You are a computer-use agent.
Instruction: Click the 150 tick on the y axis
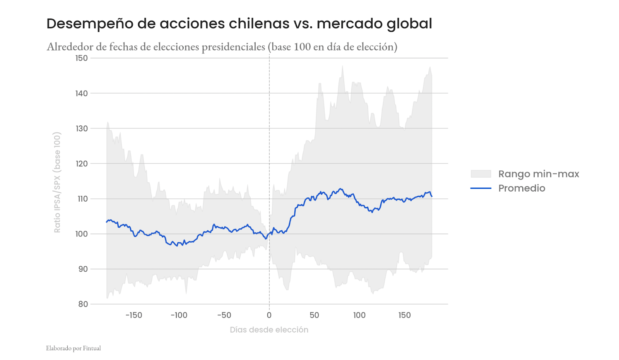(82, 58)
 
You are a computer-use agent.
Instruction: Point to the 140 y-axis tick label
(82, 93)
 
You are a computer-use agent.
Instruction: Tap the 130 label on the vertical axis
(82, 129)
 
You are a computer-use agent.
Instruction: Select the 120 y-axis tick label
(82, 164)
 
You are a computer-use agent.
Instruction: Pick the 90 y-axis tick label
(83, 269)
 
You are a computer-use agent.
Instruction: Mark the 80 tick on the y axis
(83, 304)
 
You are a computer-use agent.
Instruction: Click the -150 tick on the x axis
(134, 315)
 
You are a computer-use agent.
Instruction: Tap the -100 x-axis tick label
(179, 315)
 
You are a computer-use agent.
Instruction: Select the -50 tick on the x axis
(224, 315)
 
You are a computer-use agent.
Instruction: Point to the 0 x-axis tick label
(269, 315)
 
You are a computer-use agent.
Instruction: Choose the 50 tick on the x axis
(314, 315)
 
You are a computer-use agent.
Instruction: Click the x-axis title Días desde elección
(269, 330)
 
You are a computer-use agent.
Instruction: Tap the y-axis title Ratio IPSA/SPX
(57, 182)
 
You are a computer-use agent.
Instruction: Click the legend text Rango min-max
(539, 174)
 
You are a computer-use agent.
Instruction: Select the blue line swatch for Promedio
(481, 188)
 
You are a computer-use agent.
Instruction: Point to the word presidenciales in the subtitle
(233, 47)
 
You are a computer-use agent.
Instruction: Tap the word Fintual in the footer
(92, 348)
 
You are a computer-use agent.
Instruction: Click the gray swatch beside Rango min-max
(481, 174)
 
